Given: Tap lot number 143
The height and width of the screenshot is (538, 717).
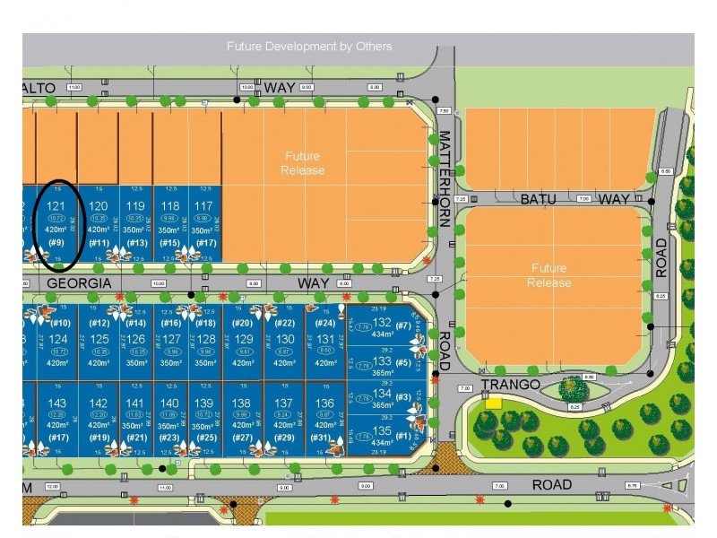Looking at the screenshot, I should click(x=56, y=403).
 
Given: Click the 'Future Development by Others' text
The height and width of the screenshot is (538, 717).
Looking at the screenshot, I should click(x=309, y=46).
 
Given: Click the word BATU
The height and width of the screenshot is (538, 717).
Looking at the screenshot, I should click(x=539, y=199).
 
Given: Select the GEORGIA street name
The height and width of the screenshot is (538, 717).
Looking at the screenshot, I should click(x=79, y=282).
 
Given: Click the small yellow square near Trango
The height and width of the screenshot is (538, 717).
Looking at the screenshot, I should click(x=493, y=403).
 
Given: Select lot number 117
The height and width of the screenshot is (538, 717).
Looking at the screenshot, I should click(x=204, y=206).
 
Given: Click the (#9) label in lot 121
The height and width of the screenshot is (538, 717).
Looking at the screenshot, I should click(x=56, y=242).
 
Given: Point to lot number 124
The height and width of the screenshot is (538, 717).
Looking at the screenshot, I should click(x=58, y=338).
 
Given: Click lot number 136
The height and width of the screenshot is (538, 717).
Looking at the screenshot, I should click(x=324, y=403).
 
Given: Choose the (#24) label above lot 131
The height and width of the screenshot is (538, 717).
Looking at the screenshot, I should click(x=324, y=323).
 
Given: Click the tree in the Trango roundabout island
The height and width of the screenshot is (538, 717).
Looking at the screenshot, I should click(x=573, y=388).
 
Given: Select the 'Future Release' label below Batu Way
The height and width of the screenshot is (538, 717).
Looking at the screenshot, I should click(x=549, y=275).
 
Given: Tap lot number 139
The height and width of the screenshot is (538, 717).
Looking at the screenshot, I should click(x=204, y=403).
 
